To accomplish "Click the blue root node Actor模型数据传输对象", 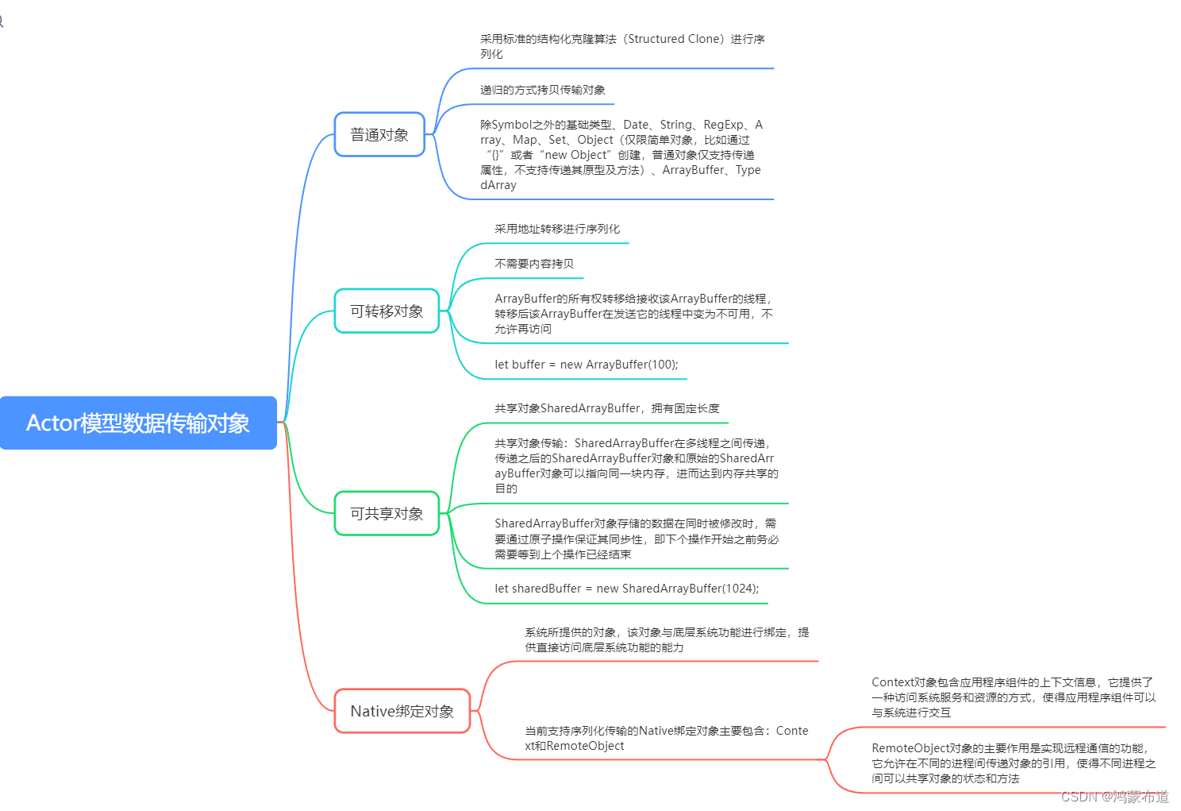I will pos(138,423).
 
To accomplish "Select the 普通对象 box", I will pos(379,135).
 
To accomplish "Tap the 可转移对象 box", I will pos(387,311).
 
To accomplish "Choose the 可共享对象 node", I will pos(387,514).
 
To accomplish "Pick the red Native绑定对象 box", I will pos(402,711).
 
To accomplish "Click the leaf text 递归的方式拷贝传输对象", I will pos(542,90).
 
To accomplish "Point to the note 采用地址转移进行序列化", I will pos(557,229).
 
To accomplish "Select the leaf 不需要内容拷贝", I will pos(533,264).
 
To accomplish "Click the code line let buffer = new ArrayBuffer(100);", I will pos(586,365).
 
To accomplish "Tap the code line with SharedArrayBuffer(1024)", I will pos(626,589).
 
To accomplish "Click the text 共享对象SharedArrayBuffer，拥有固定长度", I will pos(606,408).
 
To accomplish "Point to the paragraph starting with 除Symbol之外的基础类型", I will pos(621,155).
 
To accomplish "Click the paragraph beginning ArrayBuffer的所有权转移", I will pos(633,314).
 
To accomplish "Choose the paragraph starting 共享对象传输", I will pos(636,465).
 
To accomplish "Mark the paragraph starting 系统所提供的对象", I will pos(667,639).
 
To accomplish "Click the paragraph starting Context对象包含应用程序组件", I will pos(1014,697).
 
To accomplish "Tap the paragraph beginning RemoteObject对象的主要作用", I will pos(1014,763).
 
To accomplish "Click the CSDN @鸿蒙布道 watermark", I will pos(1114,797).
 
